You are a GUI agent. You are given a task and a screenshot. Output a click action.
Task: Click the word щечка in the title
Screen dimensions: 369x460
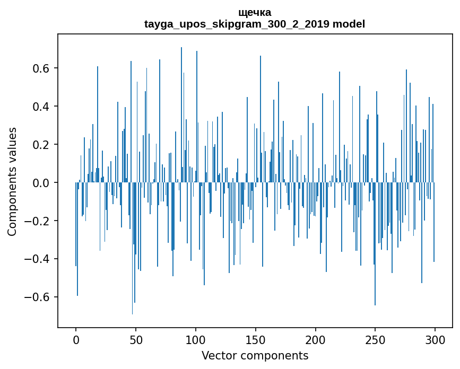click(x=255, y=12)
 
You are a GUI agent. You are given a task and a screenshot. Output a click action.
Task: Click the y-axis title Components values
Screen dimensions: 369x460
click(x=12, y=181)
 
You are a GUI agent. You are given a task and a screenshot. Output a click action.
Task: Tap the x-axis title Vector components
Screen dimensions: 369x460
click(x=255, y=355)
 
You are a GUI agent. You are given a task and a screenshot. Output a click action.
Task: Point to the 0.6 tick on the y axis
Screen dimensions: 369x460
click(x=42, y=68)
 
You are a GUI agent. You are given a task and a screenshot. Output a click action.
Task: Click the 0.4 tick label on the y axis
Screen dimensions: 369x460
click(x=42, y=107)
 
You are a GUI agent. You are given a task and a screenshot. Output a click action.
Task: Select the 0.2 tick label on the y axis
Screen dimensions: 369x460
click(x=42, y=145)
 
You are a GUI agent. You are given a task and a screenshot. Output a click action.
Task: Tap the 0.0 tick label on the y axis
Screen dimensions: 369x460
click(x=42, y=183)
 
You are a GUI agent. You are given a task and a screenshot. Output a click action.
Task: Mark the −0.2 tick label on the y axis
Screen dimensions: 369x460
click(x=39, y=221)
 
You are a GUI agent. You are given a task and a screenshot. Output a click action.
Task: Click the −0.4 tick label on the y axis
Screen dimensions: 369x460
click(x=39, y=259)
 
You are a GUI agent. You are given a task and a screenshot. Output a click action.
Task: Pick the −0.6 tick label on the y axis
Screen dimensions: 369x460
click(x=39, y=297)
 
